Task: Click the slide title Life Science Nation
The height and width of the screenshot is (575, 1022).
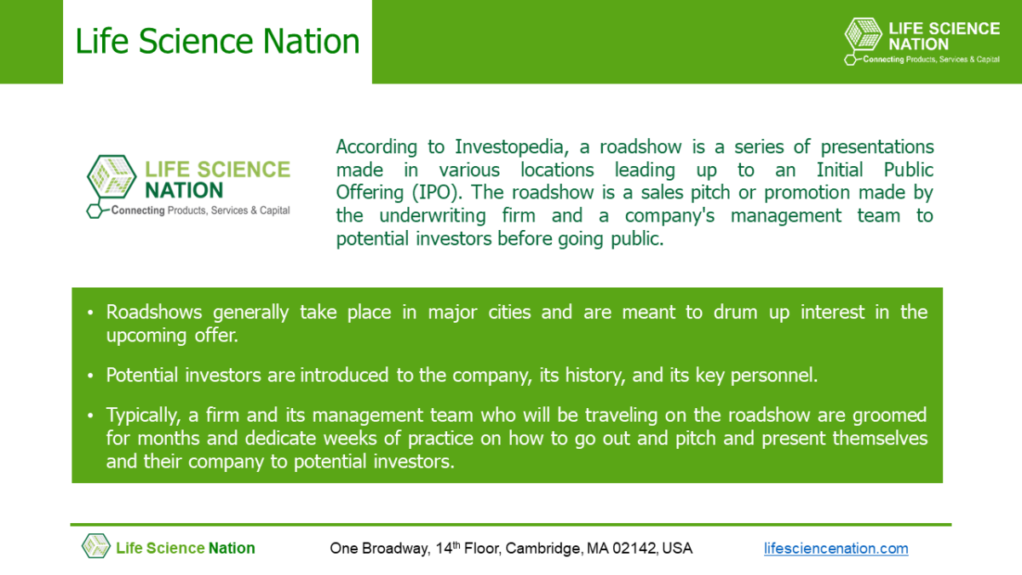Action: point(217,41)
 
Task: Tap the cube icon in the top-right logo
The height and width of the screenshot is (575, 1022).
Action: point(864,38)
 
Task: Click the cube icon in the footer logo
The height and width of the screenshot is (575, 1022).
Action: point(95,546)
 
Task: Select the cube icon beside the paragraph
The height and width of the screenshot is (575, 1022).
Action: point(112,180)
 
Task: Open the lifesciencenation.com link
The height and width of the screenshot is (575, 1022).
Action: point(835,549)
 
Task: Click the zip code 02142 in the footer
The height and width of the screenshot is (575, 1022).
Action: point(635,549)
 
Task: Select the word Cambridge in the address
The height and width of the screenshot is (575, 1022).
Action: point(543,549)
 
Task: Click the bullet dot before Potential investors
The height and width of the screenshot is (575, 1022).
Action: point(91,376)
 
